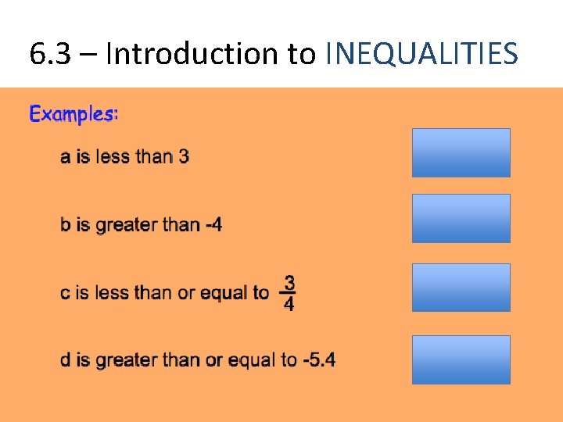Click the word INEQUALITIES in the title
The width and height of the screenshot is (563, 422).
pyautogui.click(x=421, y=54)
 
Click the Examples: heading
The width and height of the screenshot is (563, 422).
pyautogui.click(x=74, y=114)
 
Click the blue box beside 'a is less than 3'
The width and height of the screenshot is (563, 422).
pyautogui.click(x=461, y=152)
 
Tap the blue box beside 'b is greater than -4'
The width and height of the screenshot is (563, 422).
pyautogui.click(x=461, y=218)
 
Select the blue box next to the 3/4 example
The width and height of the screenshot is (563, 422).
pyautogui.click(x=461, y=288)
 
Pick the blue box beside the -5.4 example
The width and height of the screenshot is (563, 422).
pyautogui.click(x=461, y=359)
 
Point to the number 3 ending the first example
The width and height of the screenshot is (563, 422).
pyautogui.click(x=184, y=156)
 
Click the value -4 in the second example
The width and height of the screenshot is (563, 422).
pyautogui.click(x=213, y=225)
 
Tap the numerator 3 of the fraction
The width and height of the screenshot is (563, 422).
pyautogui.click(x=289, y=281)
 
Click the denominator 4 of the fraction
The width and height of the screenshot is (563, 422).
pyautogui.click(x=289, y=304)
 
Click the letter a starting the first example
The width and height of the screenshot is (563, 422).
pyautogui.click(x=65, y=157)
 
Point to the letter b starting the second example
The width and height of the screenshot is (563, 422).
pyautogui.click(x=66, y=225)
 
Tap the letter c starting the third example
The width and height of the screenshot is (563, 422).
pyautogui.click(x=65, y=293)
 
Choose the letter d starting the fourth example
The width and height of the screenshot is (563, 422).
pyautogui.click(x=66, y=360)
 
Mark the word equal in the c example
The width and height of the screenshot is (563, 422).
pyautogui.click(x=224, y=293)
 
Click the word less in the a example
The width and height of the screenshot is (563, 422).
pyautogui.click(x=113, y=156)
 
